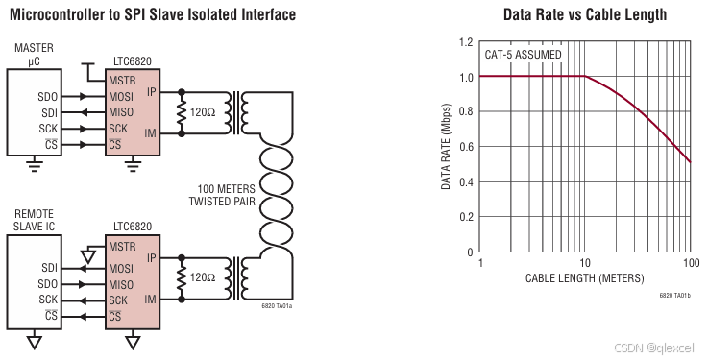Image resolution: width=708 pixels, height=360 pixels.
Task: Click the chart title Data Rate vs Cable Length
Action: pyautogui.click(x=585, y=14)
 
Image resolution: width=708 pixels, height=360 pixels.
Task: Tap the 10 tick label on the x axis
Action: pyautogui.click(x=585, y=263)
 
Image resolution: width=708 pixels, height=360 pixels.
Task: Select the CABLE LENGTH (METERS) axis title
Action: pyautogui.click(x=585, y=277)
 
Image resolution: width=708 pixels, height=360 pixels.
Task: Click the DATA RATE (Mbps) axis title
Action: pyautogui.click(x=446, y=147)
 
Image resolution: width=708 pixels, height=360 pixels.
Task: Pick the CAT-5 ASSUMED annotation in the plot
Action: pyautogui.click(x=523, y=55)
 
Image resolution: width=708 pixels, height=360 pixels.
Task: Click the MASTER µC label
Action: pyautogui.click(x=34, y=54)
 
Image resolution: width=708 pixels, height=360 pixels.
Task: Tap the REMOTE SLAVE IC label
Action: pyautogui.click(x=34, y=220)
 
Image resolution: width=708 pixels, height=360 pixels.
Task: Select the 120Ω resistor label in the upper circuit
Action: pyautogui.click(x=203, y=112)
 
